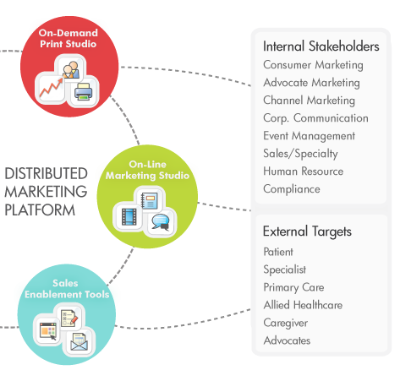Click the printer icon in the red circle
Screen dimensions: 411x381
[x=84, y=91]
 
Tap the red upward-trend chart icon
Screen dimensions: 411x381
[x=51, y=87]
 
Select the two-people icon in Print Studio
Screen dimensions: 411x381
[x=70, y=69]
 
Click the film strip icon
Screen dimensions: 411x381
[x=129, y=216]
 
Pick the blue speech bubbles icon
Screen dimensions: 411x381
[x=160, y=222]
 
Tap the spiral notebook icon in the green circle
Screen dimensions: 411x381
[x=149, y=200]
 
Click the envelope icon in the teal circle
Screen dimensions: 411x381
[x=79, y=341]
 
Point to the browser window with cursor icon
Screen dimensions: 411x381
[x=48, y=331]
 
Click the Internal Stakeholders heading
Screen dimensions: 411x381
[x=321, y=46]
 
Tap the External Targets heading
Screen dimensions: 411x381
[x=307, y=231]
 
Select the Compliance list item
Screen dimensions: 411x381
[x=292, y=189]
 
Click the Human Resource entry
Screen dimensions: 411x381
[x=304, y=171]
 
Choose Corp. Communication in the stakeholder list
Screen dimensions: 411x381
[x=315, y=118]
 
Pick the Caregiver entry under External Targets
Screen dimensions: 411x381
[x=286, y=323]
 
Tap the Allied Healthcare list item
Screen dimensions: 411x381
[x=303, y=305]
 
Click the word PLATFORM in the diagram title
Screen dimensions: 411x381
[x=40, y=210]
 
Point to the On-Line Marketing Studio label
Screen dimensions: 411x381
[x=147, y=170]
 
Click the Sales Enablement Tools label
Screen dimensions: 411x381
[x=67, y=289]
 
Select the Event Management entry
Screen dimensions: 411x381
[x=309, y=136]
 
